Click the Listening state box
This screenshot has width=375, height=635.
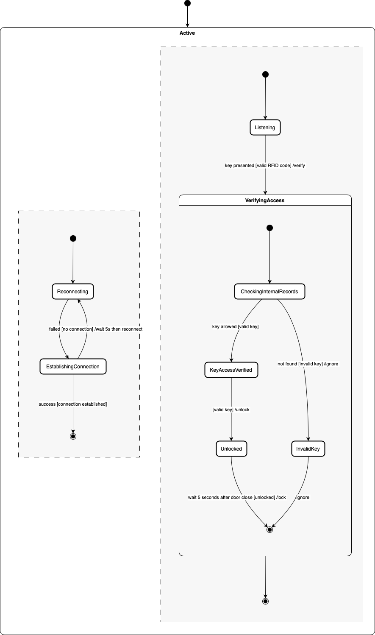265,128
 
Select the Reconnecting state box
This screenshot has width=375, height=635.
72,292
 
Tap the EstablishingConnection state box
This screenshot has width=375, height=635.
73,367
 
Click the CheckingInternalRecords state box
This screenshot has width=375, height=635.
269,292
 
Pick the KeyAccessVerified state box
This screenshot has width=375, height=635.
231,370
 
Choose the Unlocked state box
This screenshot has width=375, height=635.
231,449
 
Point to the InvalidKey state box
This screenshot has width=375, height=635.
308,449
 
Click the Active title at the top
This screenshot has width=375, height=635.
187,33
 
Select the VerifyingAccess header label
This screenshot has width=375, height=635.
265,201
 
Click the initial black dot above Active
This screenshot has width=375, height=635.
187,3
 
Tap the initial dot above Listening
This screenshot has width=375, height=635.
265,75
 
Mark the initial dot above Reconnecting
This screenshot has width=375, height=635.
73,239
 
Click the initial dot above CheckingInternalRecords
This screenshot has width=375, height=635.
269,228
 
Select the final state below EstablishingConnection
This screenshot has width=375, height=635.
73,436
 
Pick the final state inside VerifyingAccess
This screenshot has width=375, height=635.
269,529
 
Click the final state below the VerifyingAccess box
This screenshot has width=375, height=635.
265,601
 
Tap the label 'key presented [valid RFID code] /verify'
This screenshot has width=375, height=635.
265,165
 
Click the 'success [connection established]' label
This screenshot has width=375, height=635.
73,404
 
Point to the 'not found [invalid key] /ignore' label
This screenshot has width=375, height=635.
308,364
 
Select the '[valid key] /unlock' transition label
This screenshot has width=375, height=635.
231,410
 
